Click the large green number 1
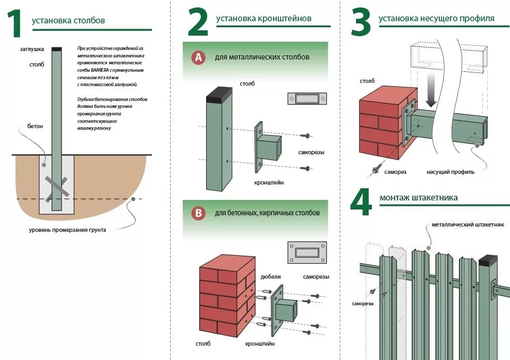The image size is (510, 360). [15, 25]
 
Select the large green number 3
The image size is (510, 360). [361, 23]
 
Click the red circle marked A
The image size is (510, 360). [198, 57]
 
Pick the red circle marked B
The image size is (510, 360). [198, 214]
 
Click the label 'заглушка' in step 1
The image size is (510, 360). [32, 49]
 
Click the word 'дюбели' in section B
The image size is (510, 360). [270, 277]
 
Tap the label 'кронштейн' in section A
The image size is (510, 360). [269, 182]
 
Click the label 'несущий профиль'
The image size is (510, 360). [450, 172]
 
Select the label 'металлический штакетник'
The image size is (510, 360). [467, 225]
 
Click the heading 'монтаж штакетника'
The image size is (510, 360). [419, 198]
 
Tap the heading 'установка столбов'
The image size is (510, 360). [69, 21]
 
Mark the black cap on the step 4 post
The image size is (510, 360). [488, 261]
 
